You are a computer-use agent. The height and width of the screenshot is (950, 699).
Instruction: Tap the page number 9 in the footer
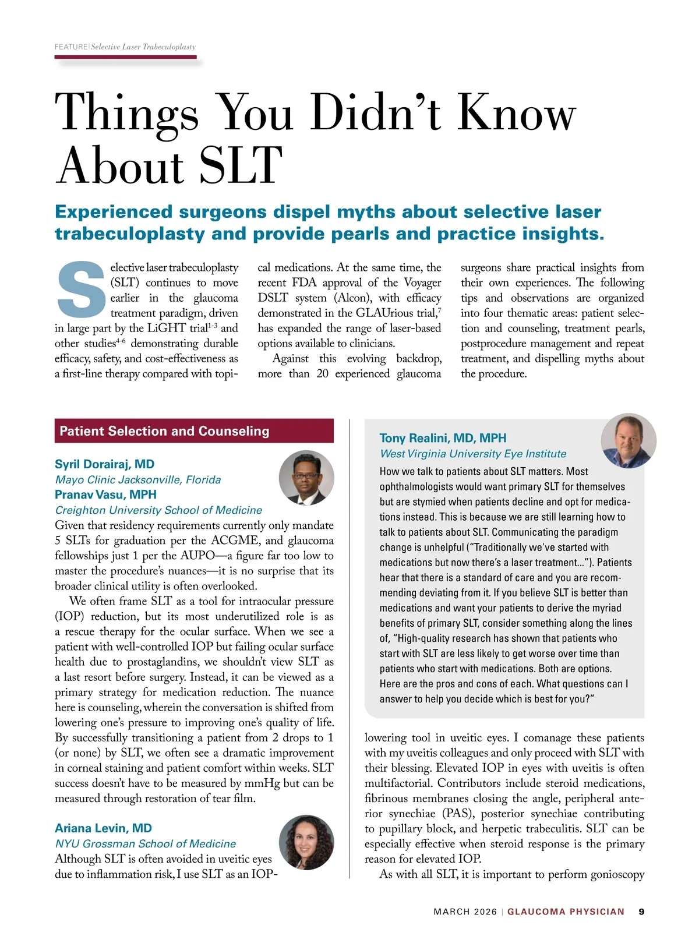(x=641, y=912)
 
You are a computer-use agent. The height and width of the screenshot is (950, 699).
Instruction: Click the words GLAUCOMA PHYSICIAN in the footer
(x=566, y=912)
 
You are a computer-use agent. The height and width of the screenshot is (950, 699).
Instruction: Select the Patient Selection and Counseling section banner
(x=194, y=431)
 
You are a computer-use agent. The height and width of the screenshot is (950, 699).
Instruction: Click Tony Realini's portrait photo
(x=629, y=441)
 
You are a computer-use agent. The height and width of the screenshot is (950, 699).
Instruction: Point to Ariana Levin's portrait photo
(x=306, y=842)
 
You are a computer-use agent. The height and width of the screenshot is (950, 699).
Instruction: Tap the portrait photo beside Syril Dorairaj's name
(x=306, y=478)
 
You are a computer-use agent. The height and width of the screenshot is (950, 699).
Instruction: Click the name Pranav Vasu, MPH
(x=105, y=495)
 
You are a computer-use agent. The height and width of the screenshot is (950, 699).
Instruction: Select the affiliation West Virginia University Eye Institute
(x=472, y=454)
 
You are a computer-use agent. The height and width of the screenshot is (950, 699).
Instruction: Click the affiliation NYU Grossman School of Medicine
(x=145, y=843)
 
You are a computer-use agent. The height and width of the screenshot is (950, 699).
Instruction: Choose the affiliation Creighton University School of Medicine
(x=158, y=510)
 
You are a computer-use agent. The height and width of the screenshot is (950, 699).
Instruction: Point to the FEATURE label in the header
(x=71, y=47)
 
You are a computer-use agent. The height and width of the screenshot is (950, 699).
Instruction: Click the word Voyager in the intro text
(x=422, y=283)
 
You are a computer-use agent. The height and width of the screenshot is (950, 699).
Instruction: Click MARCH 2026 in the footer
(x=465, y=912)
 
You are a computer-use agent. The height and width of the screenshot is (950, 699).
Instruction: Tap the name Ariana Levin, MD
(x=103, y=828)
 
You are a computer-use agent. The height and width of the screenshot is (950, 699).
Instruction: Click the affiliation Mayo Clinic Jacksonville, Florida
(x=138, y=480)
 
